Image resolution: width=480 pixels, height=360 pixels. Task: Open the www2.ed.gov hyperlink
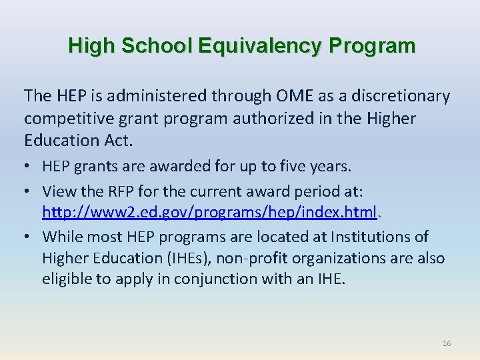point(209,213)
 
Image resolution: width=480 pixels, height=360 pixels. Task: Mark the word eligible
point(67,279)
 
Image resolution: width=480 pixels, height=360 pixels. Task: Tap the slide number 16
point(446,343)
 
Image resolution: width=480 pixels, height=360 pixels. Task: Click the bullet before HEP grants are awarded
point(29,166)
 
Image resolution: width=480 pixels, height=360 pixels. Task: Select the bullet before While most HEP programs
point(29,237)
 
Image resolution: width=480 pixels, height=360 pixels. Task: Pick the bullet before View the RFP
point(29,192)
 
